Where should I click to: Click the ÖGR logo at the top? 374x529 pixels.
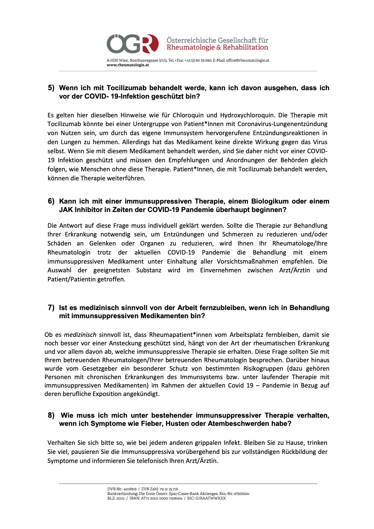click(x=132, y=44)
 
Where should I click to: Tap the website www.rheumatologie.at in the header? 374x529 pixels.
click(x=128, y=65)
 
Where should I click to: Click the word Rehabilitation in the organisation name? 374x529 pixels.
click(x=245, y=47)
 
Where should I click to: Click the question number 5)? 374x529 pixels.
click(x=51, y=88)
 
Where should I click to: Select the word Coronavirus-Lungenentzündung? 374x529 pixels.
click(x=282, y=124)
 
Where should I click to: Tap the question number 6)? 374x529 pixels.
click(x=51, y=201)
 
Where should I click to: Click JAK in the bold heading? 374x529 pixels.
click(x=66, y=210)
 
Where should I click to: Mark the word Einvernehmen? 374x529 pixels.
click(x=220, y=270)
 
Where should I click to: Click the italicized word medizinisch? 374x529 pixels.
click(x=80, y=335)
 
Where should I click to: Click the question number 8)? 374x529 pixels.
click(x=51, y=415)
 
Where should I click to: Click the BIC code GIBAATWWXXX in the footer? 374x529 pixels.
click(x=211, y=498)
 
